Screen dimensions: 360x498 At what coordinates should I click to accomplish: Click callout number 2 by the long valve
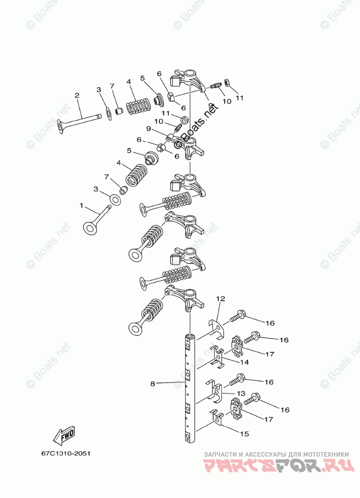(x=77, y=95)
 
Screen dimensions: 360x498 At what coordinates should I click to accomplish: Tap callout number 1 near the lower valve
(x=81, y=206)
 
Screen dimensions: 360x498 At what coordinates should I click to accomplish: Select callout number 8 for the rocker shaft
(x=153, y=384)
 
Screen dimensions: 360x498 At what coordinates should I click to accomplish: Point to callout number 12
(x=220, y=299)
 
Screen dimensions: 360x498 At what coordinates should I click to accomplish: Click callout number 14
(x=245, y=362)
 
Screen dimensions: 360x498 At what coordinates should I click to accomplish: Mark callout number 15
(x=245, y=433)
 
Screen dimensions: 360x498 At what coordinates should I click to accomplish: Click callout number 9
(x=148, y=129)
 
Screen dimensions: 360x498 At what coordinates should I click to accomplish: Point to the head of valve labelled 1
(x=91, y=228)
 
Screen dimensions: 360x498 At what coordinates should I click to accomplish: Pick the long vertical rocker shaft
(x=191, y=388)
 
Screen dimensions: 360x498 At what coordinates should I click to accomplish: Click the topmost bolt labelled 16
(x=237, y=318)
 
